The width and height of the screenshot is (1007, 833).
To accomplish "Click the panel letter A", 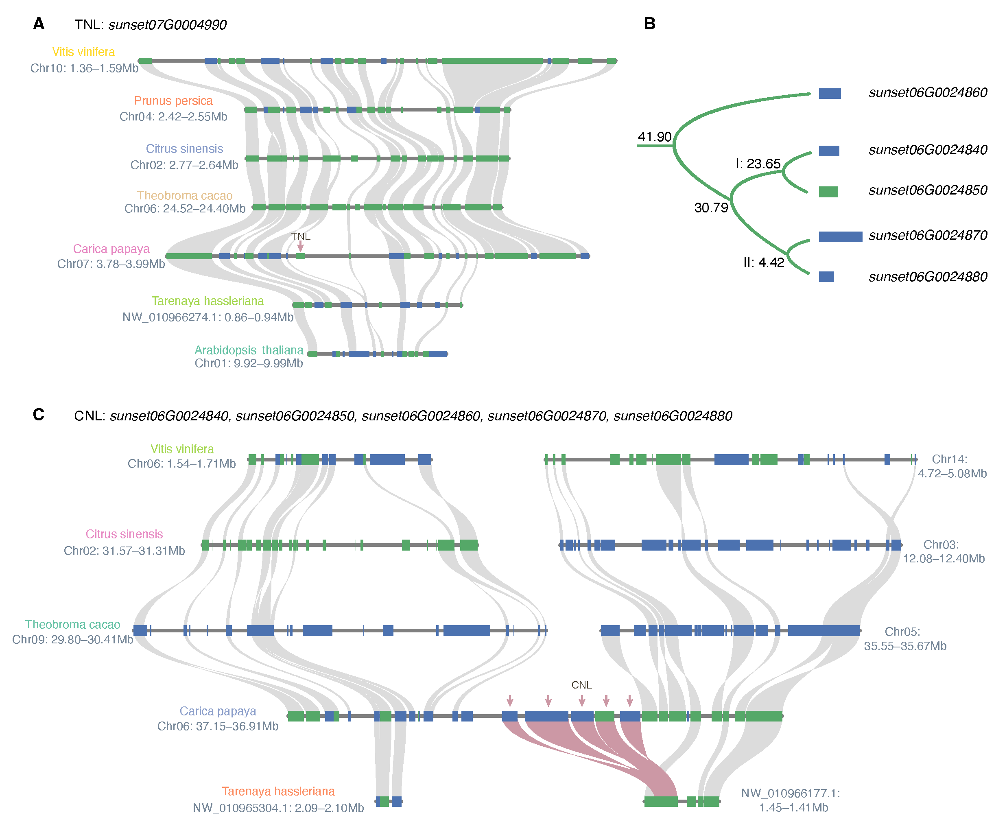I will click(x=38, y=24).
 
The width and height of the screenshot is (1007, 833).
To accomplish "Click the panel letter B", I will click(x=649, y=24).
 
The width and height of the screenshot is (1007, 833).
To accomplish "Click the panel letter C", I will click(x=38, y=415).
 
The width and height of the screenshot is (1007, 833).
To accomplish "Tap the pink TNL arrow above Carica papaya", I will click(x=300, y=247).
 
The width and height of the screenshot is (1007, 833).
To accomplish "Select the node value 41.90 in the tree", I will click(x=654, y=137).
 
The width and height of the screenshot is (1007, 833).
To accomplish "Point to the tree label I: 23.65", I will click(x=758, y=164).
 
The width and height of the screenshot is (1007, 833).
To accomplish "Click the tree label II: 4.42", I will click(x=763, y=263).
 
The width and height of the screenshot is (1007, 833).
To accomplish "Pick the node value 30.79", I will click(x=711, y=208).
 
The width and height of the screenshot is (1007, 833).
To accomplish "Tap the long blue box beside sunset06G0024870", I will click(x=840, y=236).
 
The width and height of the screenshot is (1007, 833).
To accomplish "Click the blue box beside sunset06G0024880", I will click(x=826, y=277).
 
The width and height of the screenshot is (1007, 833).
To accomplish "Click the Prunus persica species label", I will click(x=173, y=101).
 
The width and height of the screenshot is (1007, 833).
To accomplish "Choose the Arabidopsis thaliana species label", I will click(x=249, y=350).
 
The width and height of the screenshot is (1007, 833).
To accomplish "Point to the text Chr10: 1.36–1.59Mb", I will click(x=84, y=68).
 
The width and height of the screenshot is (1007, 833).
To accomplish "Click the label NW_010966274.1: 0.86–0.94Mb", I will click(x=208, y=317).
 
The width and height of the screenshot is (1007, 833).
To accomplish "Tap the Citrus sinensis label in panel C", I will click(x=124, y=534).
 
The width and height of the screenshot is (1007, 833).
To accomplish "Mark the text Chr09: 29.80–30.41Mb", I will click(x=72, y=640).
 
